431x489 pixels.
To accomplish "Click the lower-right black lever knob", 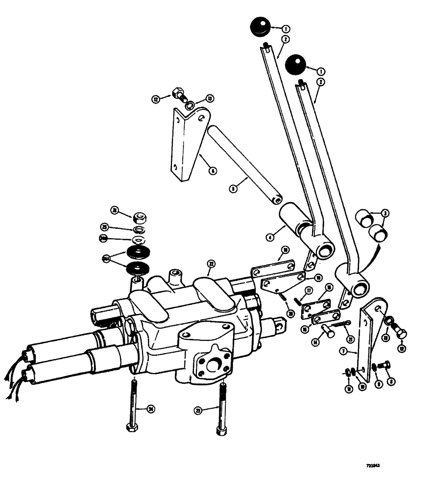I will pyautogui.click(x=295, y=66).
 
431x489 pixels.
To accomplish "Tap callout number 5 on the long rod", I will pyautogui.click(x=233, y=187).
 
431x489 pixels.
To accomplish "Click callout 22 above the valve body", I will pyautogui.click(x=211, y=264).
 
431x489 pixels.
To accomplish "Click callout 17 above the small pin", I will pyautogui.click(x=309, y=290).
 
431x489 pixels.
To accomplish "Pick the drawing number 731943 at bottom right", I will pyautogui.click(x=374, y=466).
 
